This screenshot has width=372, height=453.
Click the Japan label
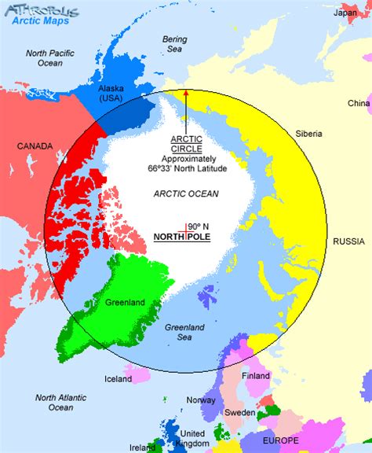[x=345, y=12]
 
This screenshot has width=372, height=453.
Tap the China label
[x=359, y=103]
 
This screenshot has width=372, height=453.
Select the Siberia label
[x=308, y=134]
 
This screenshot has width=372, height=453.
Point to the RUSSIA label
[x=350, y=241]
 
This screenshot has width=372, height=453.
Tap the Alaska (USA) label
[x=111, y=94]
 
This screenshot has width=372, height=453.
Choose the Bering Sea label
[x=174, y=43]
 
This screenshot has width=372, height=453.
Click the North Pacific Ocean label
[x=49, y=57]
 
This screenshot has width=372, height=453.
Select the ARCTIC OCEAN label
[x=186, y=193]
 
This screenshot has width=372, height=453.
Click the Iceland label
[x=118, y=380]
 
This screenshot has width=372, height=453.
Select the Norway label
[x=200, y=400]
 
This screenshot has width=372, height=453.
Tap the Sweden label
[x=240, y=413]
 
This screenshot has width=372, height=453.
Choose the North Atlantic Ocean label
[x=60, y=402]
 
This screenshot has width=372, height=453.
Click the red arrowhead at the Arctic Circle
[x=186, y=94]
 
